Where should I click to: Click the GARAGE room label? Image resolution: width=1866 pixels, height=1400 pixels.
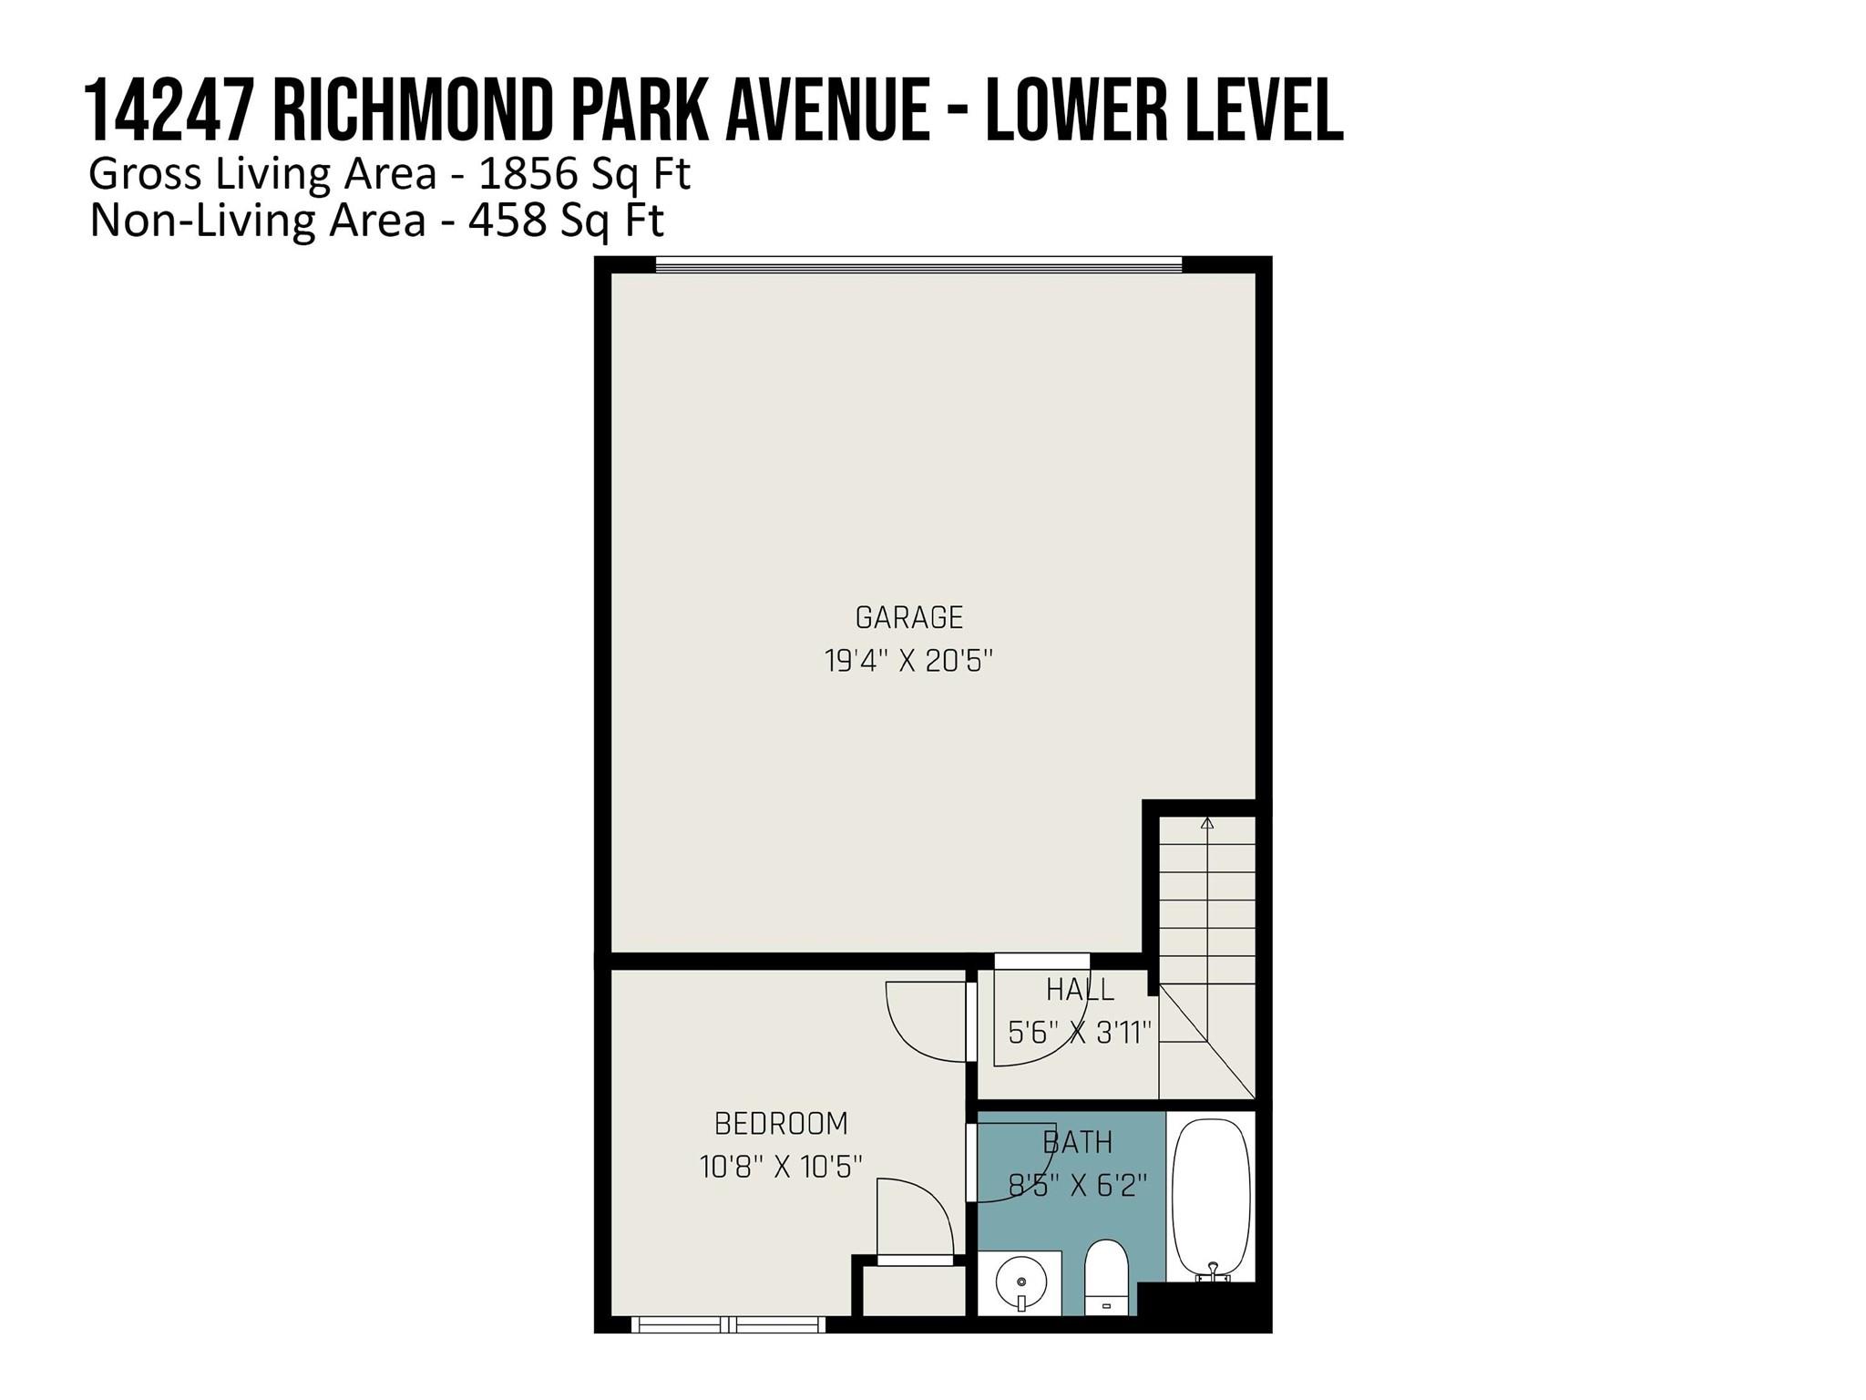[908, 618]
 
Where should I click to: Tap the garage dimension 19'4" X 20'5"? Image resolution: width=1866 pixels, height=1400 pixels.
[908, 660]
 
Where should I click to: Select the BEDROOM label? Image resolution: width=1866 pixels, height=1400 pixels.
[781, 1124]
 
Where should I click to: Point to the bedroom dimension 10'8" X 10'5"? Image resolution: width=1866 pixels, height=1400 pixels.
[781, 1166]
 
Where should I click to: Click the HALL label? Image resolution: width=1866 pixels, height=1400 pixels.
[1080, 990]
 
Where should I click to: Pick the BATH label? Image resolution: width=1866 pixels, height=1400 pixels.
[1077, 1142]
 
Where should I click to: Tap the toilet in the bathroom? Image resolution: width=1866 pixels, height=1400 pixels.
[1107, 1278]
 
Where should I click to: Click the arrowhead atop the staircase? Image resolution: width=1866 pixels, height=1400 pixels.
[1207, 823]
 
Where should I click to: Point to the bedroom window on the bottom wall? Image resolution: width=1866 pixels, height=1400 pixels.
[728, 1324]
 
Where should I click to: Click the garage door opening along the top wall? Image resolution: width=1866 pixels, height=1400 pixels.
[918, 265]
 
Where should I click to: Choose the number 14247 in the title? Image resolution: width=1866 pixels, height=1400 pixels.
[169, 110]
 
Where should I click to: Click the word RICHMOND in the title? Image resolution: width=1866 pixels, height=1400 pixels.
[413, 110]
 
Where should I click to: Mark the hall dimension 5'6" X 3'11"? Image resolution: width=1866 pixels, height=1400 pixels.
[1080, 1033]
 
